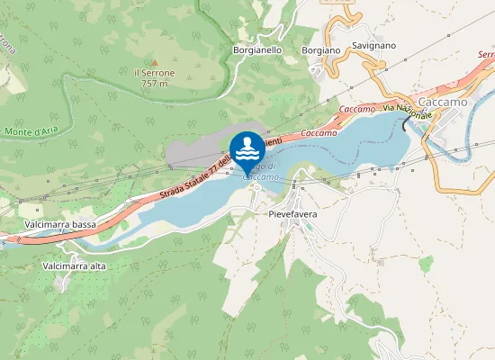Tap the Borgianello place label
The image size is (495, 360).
click(258, 50)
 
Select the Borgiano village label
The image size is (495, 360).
click(321, 50)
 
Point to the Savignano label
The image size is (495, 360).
click(374, 44)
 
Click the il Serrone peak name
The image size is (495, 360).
click(154, 72)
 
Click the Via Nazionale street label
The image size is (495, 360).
click(409, 112)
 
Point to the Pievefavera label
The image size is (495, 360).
click(294, 215)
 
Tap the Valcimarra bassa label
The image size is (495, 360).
click(60, 223)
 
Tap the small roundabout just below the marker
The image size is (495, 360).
click(256, 186)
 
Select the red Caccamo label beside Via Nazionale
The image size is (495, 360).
click(357, 109)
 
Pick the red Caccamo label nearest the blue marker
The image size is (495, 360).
click(319, 132)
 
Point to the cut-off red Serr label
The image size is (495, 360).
click(485, 55)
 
